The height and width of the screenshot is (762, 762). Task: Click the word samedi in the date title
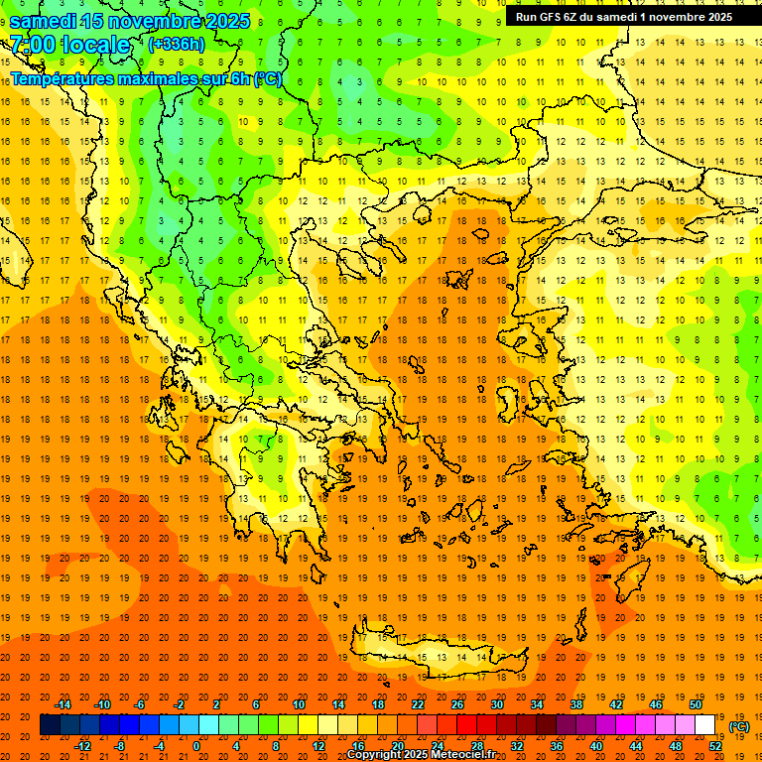tap(44, 21)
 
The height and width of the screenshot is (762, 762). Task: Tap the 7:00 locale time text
tap(69, 45)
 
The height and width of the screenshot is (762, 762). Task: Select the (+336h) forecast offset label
tap(178, 44)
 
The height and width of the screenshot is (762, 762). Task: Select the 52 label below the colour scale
tap(715, 745)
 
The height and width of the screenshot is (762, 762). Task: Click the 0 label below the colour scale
tap(196, 745)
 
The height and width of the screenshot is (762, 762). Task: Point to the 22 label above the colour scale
tap(418, 704)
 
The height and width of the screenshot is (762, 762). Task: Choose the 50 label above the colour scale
tap(696, 704)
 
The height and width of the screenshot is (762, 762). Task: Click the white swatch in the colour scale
tap(704, 725)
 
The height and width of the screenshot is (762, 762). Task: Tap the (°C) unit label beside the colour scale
tap(738, 726)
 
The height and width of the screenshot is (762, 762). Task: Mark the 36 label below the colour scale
tap(557, 745)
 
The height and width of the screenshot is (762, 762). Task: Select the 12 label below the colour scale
tap(317, 745)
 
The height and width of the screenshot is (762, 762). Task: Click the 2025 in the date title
tap(227, 21)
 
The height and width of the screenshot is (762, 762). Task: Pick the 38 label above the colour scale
tap(576, 704)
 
